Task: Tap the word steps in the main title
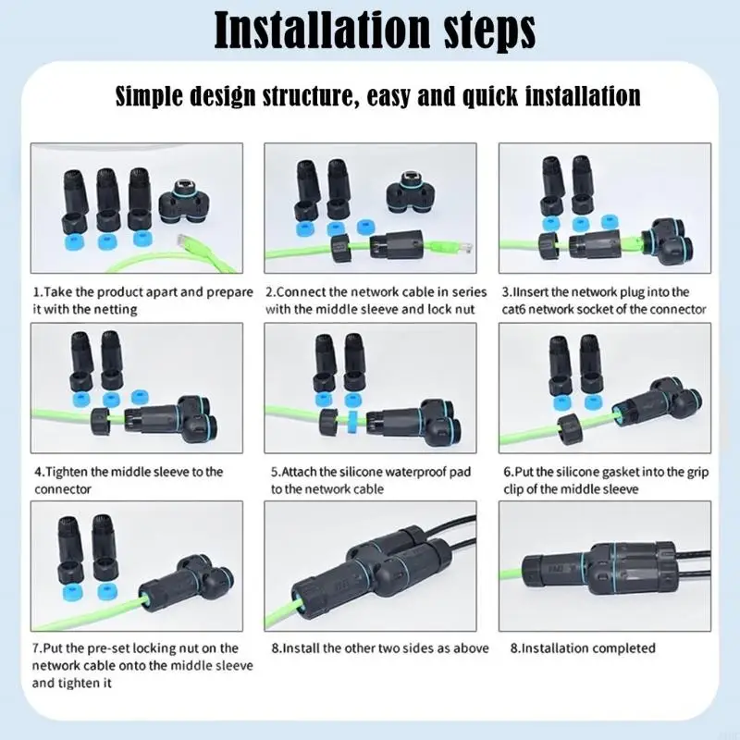(490, 30)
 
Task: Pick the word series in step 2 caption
(457, 291)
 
